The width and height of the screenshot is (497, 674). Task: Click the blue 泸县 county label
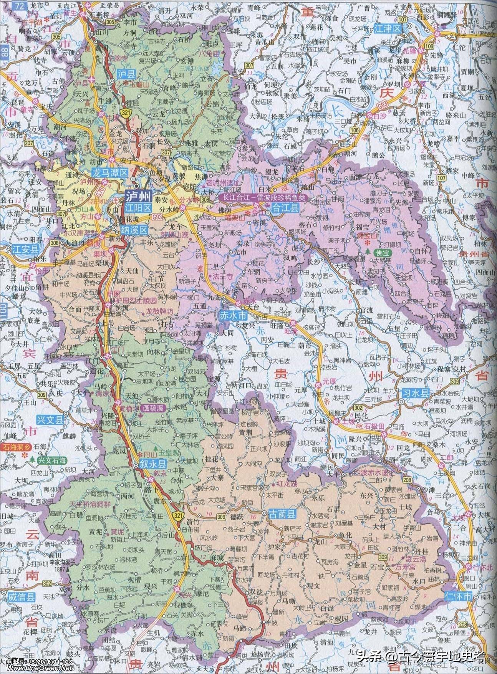pyautogui.click(x=125, y=74)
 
